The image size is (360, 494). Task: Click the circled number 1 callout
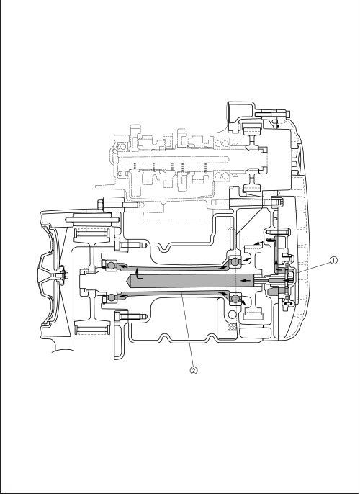(x=333, y=260)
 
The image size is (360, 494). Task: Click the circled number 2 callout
(x=194, y=370)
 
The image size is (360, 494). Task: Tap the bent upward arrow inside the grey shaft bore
(x=138, y=274)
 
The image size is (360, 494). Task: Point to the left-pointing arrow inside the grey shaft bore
(x=246, y=279)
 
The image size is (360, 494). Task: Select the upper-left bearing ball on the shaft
(x=111, y=266)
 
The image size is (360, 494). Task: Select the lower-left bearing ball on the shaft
(x=111, y=297)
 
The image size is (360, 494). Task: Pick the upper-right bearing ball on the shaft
(x=235, y=261)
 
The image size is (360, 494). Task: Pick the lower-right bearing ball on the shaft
(x=235, y=297)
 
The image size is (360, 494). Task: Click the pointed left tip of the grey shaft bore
(x=127, y=280)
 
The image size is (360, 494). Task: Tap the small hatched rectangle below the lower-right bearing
(x=232, y=327)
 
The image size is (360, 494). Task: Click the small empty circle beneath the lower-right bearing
(x=232, y=315)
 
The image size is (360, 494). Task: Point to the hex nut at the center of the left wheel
(x=61, y=274)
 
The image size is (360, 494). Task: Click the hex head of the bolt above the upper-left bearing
(x=117, y=246)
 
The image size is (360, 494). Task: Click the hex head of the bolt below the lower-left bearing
(x=117, y=316)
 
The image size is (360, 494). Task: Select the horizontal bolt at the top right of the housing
(x=272, y=114)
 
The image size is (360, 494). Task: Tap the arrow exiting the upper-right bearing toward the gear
(x=247, y=260)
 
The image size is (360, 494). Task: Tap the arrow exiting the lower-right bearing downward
(x=243, y=302)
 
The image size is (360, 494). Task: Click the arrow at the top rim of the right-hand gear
(x=258, y=243)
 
